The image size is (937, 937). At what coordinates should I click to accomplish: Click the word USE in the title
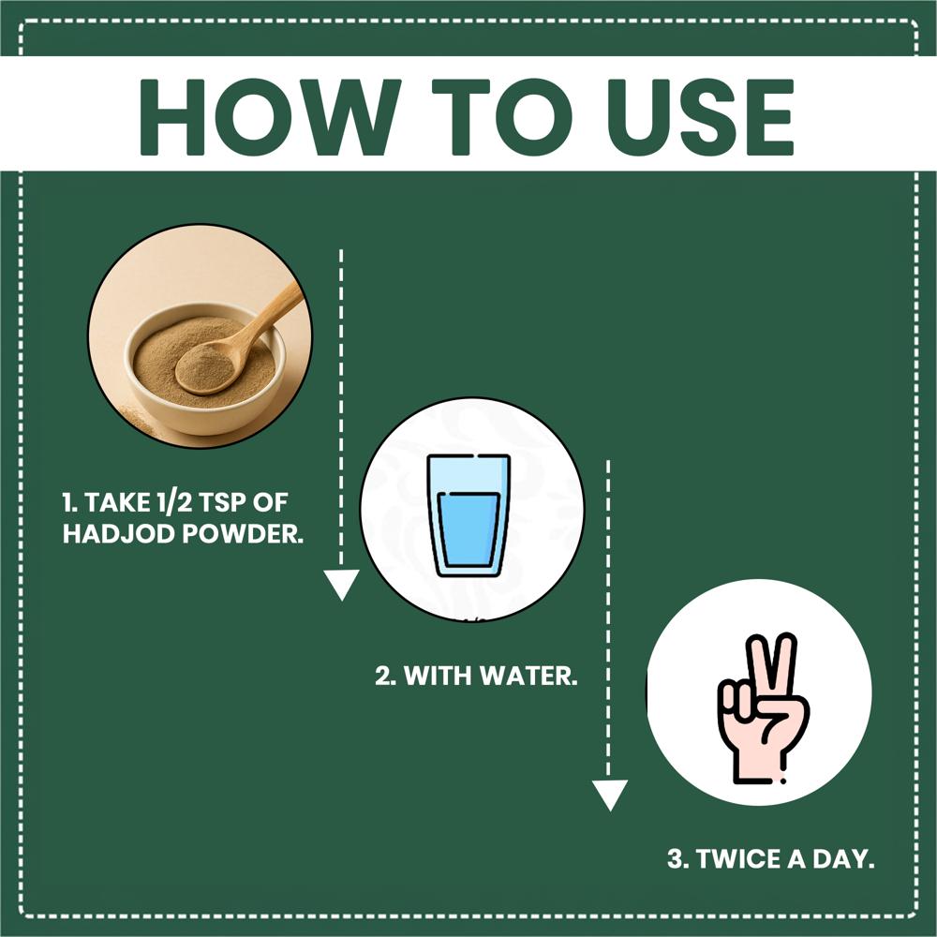click(700, 117)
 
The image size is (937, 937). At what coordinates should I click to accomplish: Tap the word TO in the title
click(498, 117)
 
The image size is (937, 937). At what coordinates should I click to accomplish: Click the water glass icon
click(469, 515)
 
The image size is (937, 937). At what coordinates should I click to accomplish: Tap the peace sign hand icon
click(763, 708)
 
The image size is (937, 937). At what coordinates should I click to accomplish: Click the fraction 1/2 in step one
click(174, 502)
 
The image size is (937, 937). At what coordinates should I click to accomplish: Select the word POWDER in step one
click(243, 534)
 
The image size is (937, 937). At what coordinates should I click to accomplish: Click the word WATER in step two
click(529, 676)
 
